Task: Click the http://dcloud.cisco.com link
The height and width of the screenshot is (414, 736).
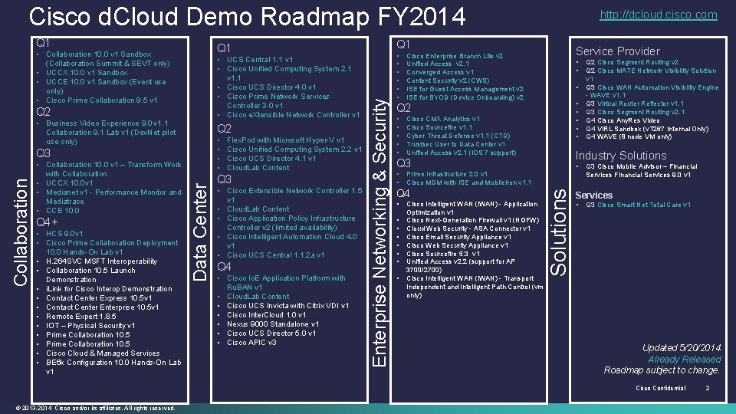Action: (x=669, y=15)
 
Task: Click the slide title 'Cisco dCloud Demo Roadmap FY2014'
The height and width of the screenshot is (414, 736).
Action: (x=247, y=15)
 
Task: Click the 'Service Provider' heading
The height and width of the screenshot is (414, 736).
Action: (x=617, y=51)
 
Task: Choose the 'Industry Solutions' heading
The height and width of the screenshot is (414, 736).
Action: (x=621, y=156)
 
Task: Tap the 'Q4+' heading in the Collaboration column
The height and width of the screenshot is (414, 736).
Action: (x=48, y=222)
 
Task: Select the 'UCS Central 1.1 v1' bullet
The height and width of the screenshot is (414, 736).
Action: (x=260, y=60)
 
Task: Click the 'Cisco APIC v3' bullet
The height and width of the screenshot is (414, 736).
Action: (x=251, y=343)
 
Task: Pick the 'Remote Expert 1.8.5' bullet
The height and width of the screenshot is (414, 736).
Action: (x=81, y=317)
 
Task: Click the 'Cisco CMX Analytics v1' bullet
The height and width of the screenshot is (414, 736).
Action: (x=443, y=120)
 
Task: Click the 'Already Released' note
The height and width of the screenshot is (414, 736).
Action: (x=684, y=359)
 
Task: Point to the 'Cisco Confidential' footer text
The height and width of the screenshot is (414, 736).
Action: (x=660, y=388)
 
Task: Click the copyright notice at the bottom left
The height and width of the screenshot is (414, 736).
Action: (x=97, y=407)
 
